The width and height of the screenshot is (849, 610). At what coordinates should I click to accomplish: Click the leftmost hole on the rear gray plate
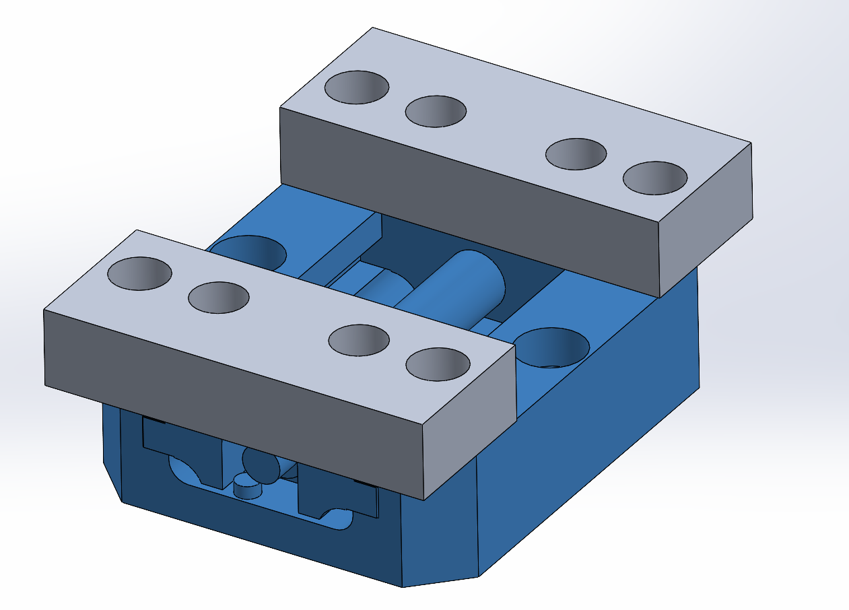coord(356,87)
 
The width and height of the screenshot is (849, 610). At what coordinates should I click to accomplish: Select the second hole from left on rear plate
coord(436,111)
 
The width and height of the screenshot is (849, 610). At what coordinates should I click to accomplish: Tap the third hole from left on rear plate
coord(576,154)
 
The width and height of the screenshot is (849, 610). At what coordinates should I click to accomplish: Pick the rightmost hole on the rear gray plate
coord(654,178)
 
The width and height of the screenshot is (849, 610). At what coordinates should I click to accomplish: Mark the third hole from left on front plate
coord(358,340)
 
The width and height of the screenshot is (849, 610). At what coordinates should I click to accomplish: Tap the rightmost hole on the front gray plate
coord(438,364)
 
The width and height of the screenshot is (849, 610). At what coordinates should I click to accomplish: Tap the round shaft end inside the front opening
coord(261,465)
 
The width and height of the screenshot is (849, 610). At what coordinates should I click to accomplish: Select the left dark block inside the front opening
coord(182,448)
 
